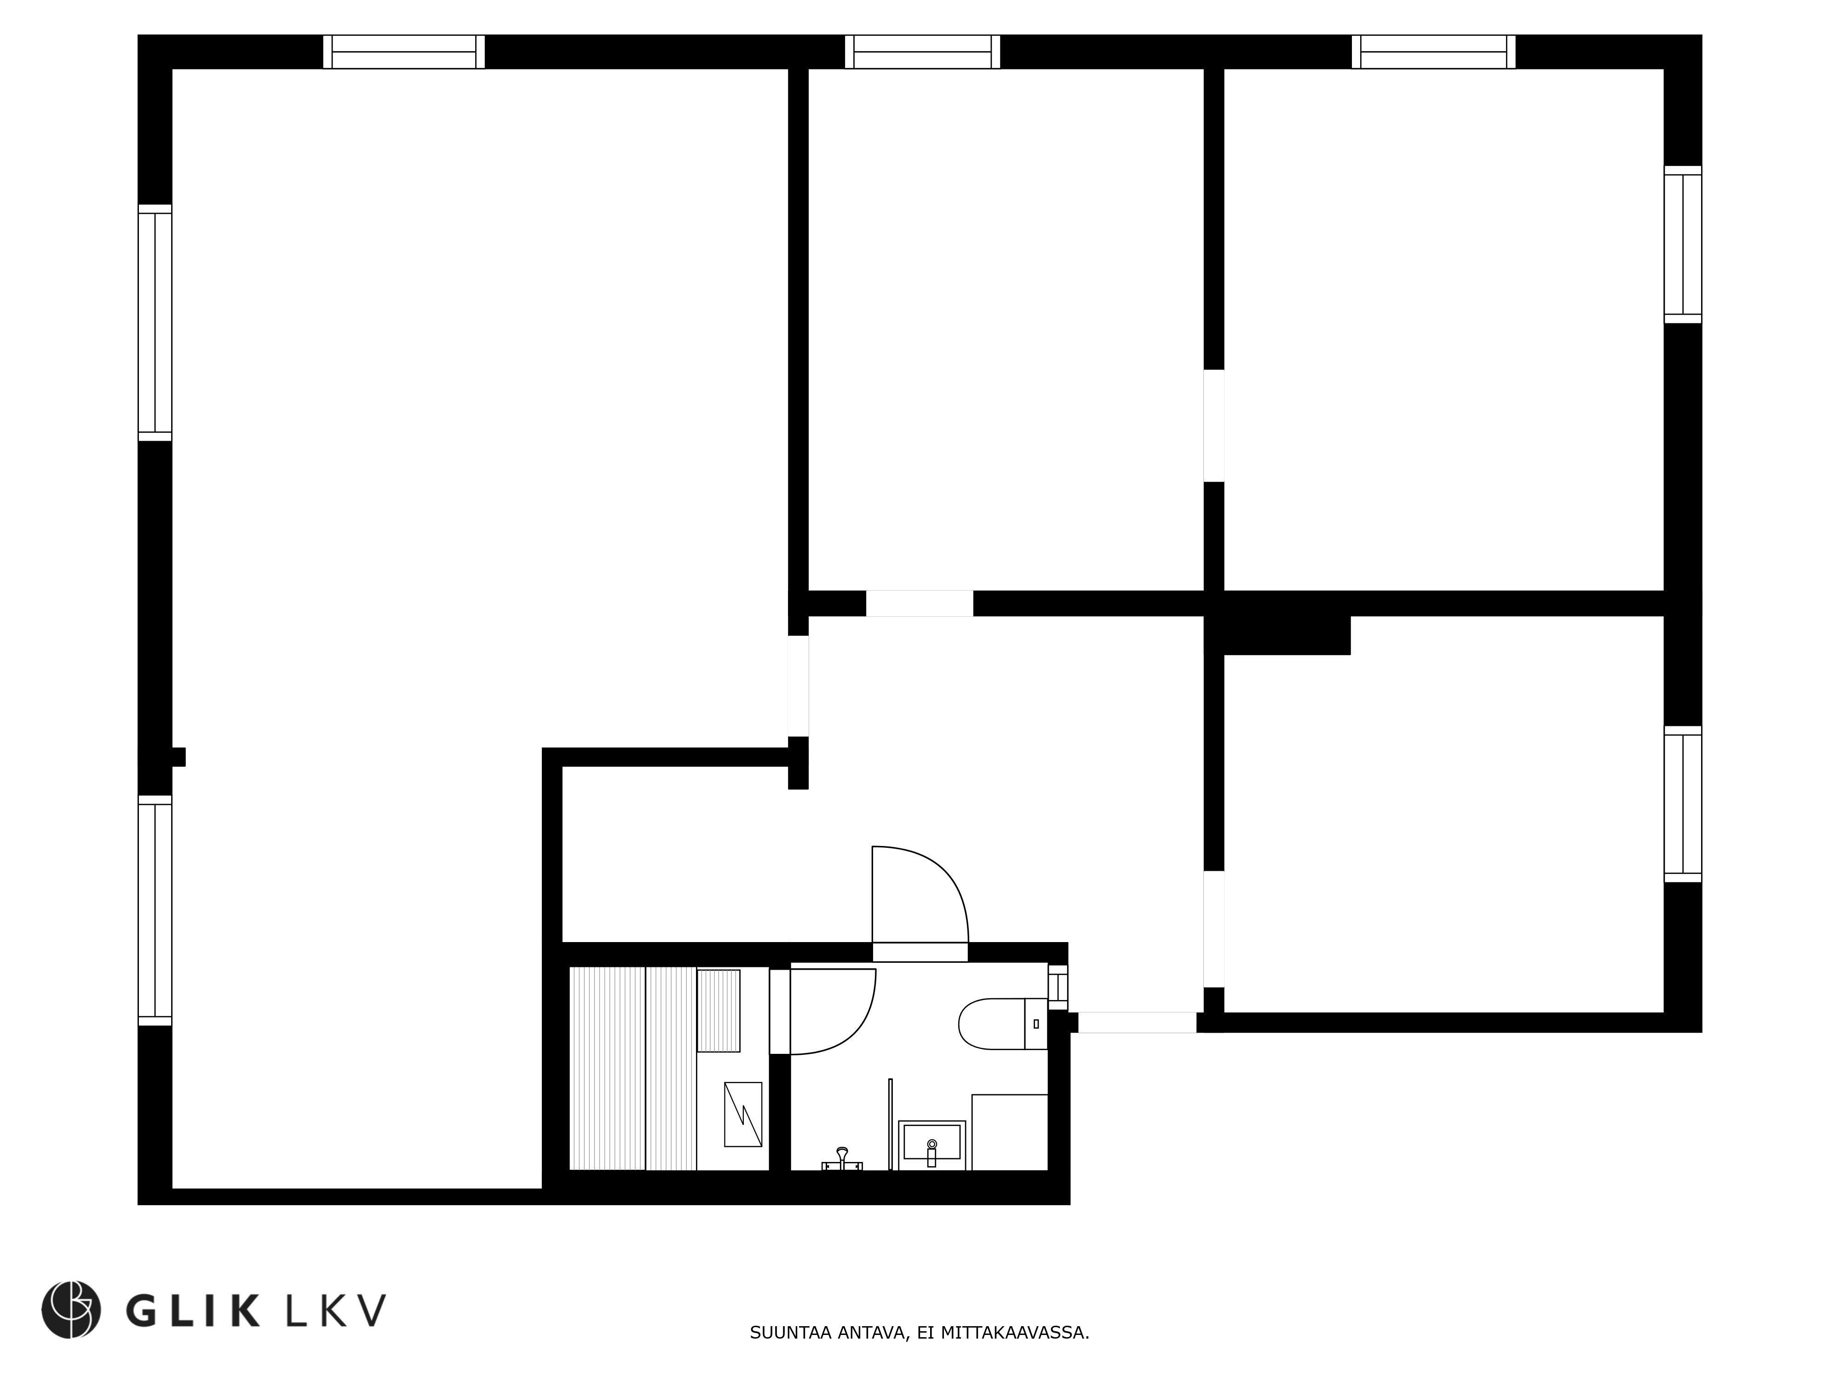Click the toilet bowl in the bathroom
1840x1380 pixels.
(x=1002, y=1024)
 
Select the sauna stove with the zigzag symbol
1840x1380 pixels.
(x=743, y=1115)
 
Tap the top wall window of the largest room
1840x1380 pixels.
(x=404, y=52)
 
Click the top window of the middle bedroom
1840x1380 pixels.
(x=922, y=52)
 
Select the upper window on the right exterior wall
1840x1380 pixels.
(x=1683, y=245)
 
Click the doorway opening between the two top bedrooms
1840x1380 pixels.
(x=1213, y=426)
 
